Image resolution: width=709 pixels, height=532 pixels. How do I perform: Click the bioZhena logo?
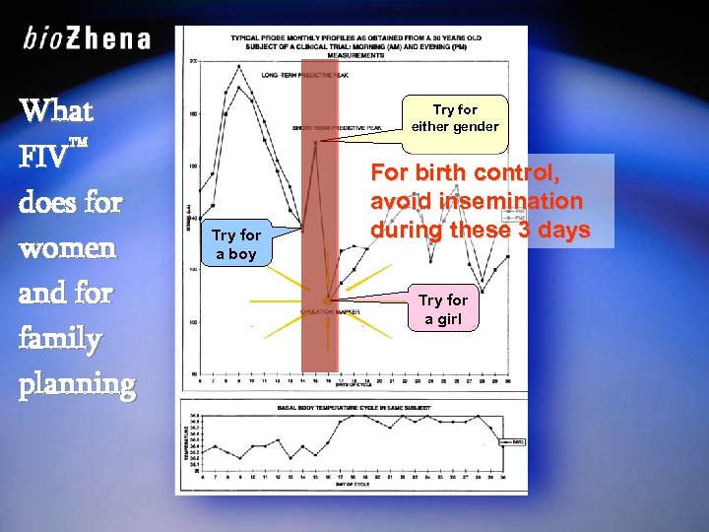coord(87,39)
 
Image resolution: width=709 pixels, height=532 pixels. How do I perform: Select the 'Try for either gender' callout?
coord(454,118)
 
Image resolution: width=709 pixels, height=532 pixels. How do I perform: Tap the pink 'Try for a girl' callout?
coord(443,308)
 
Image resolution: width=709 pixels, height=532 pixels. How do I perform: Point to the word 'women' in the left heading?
coord(67,248)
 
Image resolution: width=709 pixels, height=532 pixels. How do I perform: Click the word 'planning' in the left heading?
coord(76,384)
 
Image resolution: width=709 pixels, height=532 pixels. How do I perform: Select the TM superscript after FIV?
coord(80,144)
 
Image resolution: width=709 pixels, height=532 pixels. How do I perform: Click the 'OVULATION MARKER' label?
coord(329,312)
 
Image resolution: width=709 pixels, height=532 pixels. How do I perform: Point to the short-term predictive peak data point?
coord(315,143)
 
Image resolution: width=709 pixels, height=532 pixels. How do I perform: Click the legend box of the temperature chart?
coord(515,442)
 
